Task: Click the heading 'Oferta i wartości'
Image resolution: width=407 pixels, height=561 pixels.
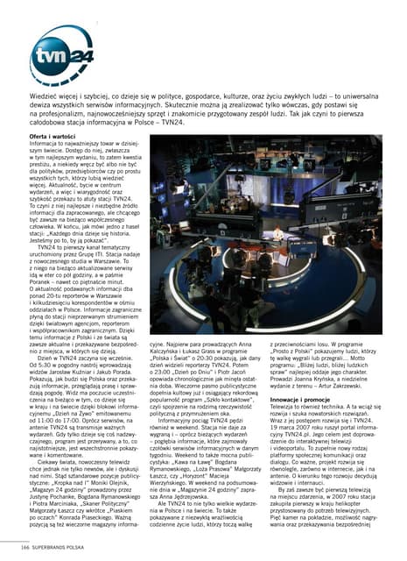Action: pyautogui.click(x=52, y=138)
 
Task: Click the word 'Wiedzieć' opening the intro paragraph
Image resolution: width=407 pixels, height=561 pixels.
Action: pyautogui.click(x=45, y=89)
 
